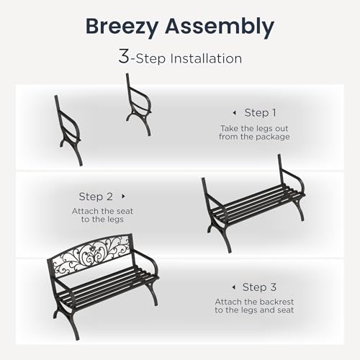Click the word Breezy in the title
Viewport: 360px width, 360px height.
click(x=122, y=27)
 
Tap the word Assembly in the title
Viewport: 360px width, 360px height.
click(x=220, y=27)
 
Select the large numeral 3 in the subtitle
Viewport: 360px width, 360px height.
click(x=124, y=56)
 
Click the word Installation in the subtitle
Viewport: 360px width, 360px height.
click(x=206, y=58)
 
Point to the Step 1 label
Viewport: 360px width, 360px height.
click(x=261, y=113)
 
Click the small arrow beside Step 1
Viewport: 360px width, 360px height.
click(x=235, y=113)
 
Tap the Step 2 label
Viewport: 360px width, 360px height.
click(x=96, y=197)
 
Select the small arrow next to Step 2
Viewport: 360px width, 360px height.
click(x=124, y=197)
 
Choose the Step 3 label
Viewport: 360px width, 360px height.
click(x=259, y=287)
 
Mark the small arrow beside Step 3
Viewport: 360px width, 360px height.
click(x=234, y=287)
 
